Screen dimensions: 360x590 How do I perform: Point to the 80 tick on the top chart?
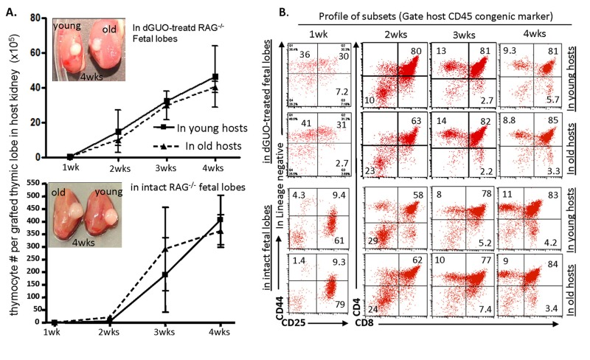coord(32,16)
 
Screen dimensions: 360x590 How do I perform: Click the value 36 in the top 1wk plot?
coord(304,55)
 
